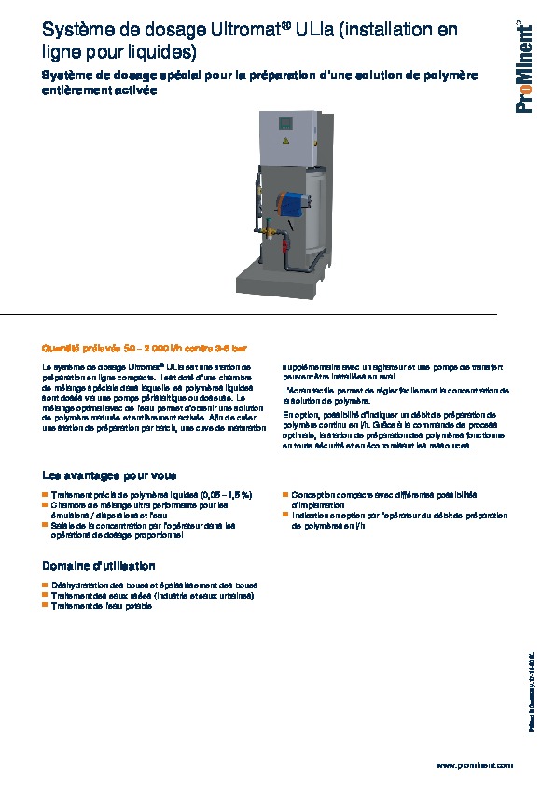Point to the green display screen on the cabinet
[288, 120]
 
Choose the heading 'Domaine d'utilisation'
[99, 566]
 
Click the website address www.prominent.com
[475, 765]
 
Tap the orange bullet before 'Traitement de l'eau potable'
[46, 606]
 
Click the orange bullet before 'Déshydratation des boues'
[46, 585]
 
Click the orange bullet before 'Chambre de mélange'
[46, 505]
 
